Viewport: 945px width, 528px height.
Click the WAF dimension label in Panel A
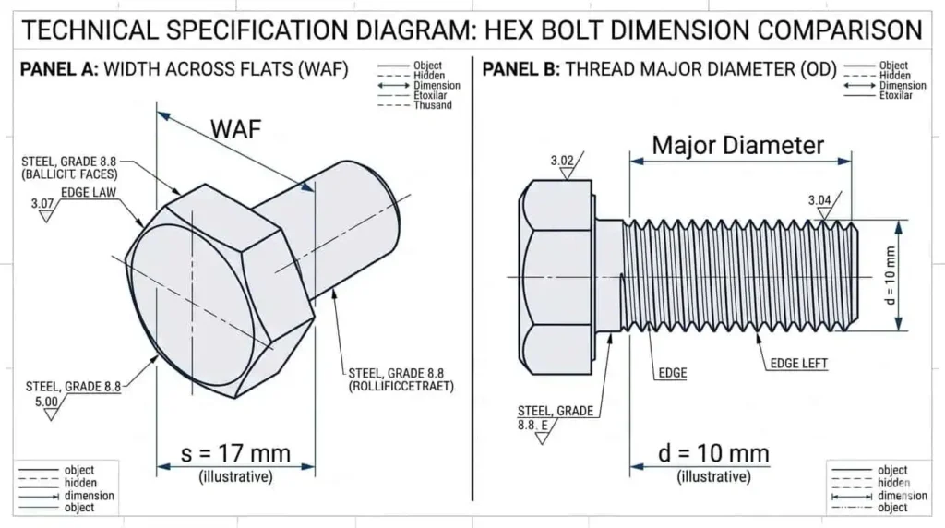[x=236, y=129]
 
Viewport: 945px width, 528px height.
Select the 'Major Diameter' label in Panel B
[x=737, y=145]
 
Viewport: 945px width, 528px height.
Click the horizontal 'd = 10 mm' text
[x=713, y=453]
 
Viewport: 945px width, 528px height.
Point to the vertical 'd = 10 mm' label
[x=890, y=276]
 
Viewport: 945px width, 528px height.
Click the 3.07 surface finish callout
[x=42, y=203]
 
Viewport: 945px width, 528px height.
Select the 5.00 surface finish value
[x=45, y=402]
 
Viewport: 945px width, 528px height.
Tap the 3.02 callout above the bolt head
[x=563, y=161]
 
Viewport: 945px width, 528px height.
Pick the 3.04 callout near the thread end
[x=819, y=200]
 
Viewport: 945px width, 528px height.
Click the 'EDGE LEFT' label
[x=799, y=364]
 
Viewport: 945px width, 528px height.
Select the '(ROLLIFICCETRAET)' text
[x=401, y=386]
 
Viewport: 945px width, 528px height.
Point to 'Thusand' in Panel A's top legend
[x=433, y=105]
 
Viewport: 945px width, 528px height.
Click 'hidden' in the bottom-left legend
[x=79, y=483]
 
